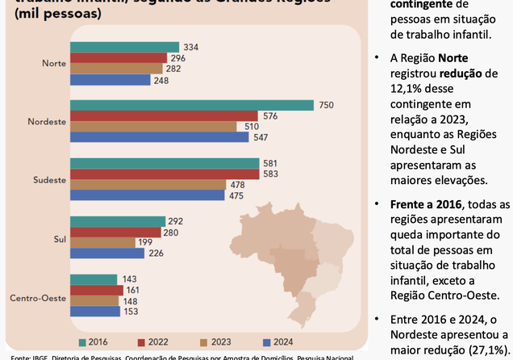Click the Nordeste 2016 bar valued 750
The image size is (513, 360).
(192, 105)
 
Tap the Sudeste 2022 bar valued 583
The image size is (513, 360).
(165, 174)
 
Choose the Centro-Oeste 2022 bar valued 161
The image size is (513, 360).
(97, 290)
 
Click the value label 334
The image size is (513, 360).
(191, 47)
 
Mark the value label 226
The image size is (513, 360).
(156, 253)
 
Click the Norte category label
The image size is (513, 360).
(54, 63)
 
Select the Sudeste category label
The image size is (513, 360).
(50, 179)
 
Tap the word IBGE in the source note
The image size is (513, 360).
(39, 357)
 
